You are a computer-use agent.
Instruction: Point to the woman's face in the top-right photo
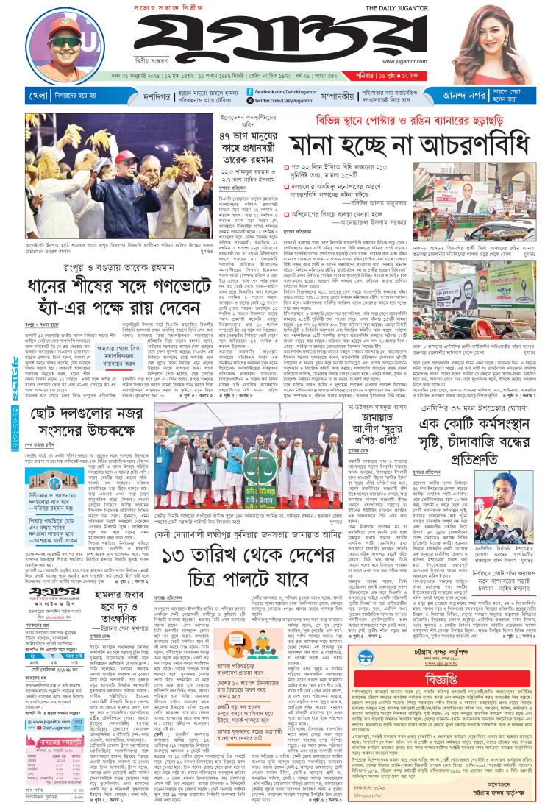pos(505,36)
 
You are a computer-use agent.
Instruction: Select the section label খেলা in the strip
pos(19,95)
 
